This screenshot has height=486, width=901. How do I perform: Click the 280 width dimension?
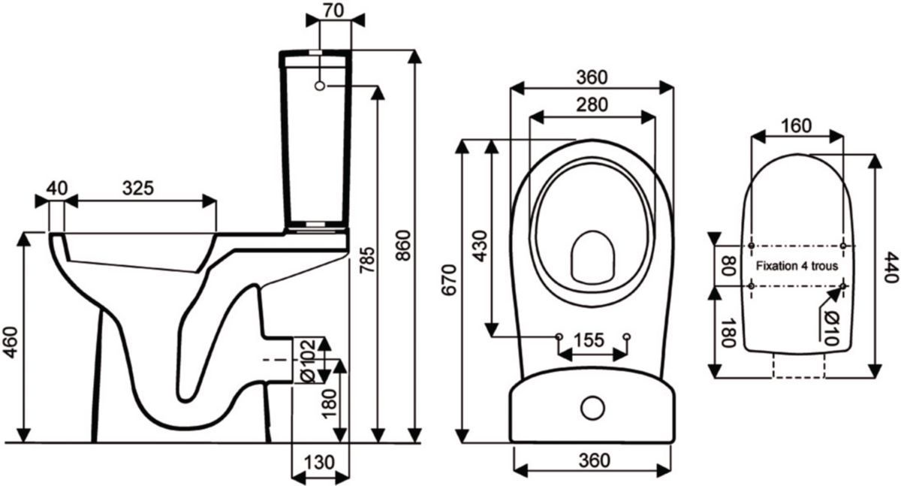click(592, 105)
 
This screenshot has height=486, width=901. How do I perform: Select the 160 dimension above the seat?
click(796, 125)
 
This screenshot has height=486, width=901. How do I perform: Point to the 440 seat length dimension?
click(890, 267)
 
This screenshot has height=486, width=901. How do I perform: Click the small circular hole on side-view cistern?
click(319, 86)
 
